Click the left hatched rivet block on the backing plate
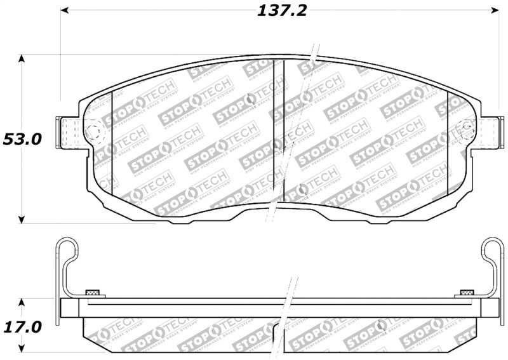[93, 293]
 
